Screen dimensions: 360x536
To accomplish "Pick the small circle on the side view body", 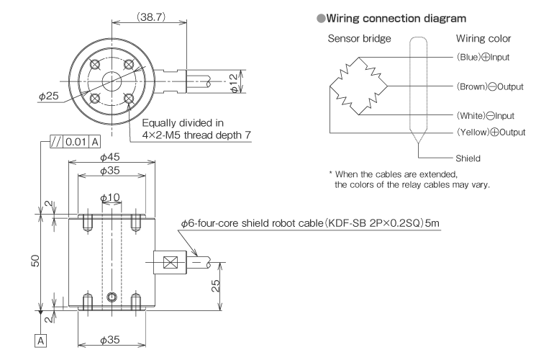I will click(x=109, y=297).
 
